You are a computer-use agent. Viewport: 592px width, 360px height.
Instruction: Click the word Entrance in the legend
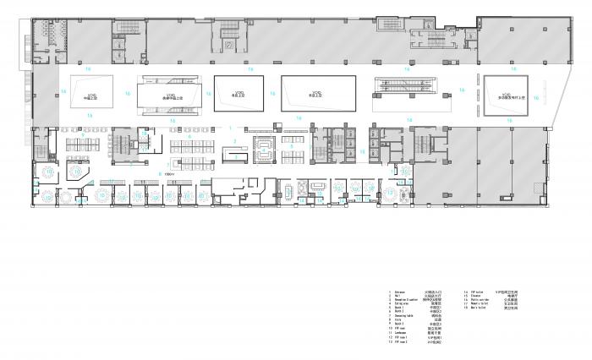pos(395,291)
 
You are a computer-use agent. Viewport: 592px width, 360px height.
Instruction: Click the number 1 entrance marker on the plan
pos(230,127)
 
